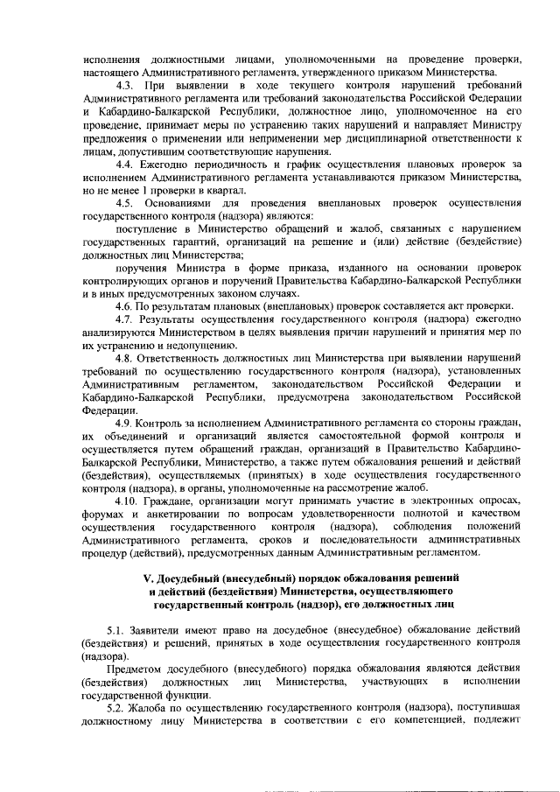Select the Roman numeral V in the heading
(x=146, y=579)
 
